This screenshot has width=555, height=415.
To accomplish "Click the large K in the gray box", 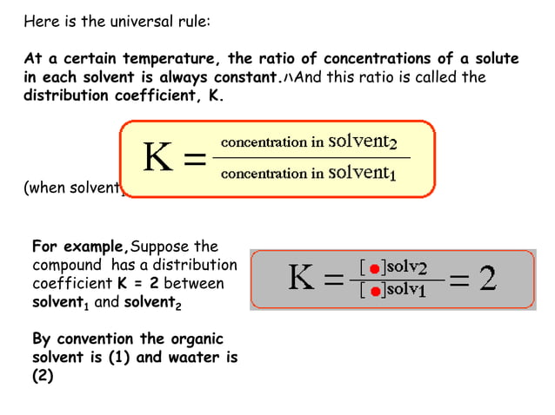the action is [x=304, y=280].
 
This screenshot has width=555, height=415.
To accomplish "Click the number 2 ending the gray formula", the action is [x=489, y=280].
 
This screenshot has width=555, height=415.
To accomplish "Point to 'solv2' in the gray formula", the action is [x=405, y=268].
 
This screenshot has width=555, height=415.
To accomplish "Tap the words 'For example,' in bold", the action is [x=80, y=246].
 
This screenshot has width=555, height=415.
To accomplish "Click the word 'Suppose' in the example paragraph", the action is [x=163, y=246].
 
